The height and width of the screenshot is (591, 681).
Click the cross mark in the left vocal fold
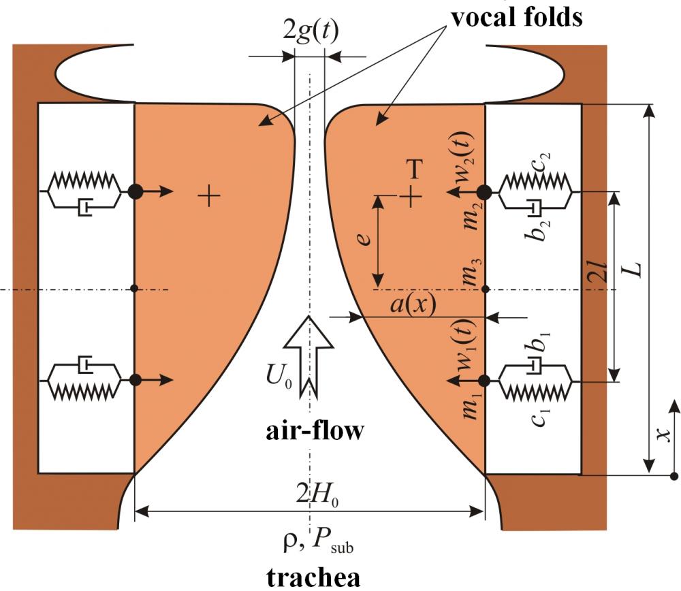point(209,196)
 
